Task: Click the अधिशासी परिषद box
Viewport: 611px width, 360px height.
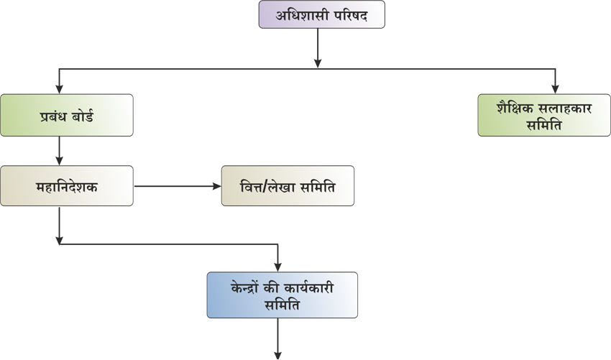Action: (x=321, y=14)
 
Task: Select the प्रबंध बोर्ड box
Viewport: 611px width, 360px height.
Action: (x=66, y=115)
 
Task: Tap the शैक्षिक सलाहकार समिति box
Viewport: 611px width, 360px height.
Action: (x=543, y=115)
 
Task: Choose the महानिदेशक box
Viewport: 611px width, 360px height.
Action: (x=66, y=186)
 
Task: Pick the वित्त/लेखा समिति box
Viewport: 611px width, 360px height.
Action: (x=288, y=186)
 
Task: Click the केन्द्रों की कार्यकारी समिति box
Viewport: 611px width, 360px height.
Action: (x=282, y=295)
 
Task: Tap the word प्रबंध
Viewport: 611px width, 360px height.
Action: (x=53, y=116)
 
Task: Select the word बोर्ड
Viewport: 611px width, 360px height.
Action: (x=83, y=116)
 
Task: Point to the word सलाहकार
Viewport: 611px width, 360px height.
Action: (x=565, y=109)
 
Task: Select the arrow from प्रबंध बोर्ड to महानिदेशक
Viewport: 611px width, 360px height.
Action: (x=59, y=151)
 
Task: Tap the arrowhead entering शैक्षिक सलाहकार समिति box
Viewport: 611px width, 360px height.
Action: (x=555, y=89)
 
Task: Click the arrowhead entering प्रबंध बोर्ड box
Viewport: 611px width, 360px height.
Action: (x=59, y=89)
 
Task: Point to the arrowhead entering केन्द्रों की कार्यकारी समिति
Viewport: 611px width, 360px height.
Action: (x=278, y=267)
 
